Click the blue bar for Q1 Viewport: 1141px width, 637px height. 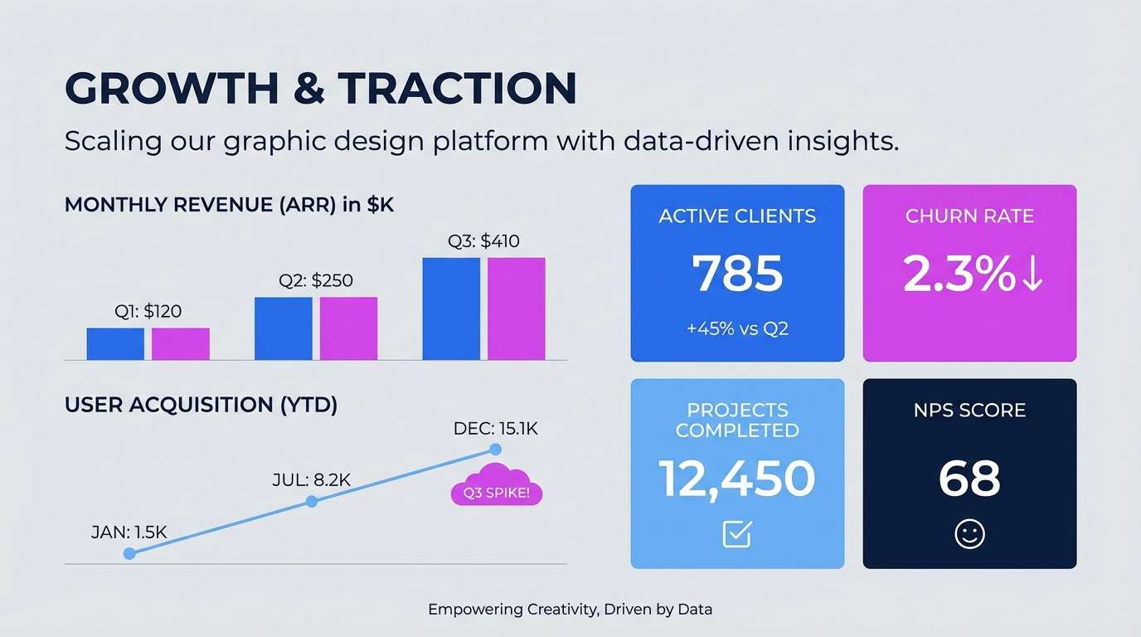coord(115,344)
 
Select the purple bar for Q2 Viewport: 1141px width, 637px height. coord(348,328)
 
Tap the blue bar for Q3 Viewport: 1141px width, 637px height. coord(451,309)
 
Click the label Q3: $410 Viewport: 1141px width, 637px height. coord(483,241)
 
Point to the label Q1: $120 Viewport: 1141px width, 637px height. coord(148,312)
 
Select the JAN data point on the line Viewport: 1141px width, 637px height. coord(129,553)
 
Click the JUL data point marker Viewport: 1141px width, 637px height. coord(312,502)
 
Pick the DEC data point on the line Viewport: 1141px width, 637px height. coord(496,450)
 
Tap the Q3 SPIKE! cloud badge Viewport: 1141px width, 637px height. coord(496,492)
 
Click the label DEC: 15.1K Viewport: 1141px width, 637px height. coord(496,429)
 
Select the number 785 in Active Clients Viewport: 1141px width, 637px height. coord(737,274)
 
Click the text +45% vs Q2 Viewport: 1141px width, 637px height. coord(737,328)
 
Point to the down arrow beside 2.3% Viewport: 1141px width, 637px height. coord(1032,275)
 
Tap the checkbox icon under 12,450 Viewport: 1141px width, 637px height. coord(737,534)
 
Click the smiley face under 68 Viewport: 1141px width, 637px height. coord(969,534)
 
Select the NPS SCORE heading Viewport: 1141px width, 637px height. coord(969,411)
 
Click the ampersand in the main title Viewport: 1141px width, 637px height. coord(308,88)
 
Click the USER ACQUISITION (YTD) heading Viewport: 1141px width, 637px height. coord(201,406)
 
